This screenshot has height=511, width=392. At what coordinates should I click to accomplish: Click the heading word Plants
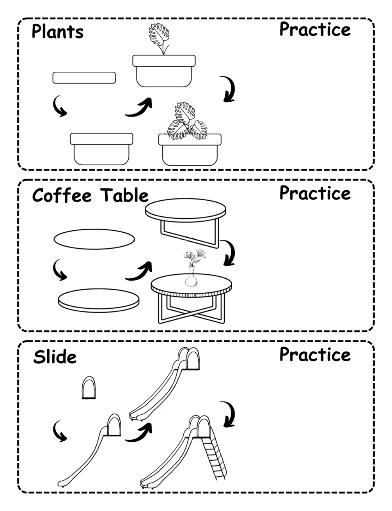pyautogui.click(x=57, y=32)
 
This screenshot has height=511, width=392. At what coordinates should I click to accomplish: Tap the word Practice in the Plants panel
pyautogui.click(x=315, y=30)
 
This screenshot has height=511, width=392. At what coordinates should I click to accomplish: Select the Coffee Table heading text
pyautogui.click(x=90, y=195)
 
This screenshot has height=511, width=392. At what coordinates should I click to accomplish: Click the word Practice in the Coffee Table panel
pyautogui.click(x=315, y=193)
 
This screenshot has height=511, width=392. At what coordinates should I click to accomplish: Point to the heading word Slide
pyautogui.click(x=55, y=357)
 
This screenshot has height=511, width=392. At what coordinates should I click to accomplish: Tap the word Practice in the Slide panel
pyautogui.click(x=315, y=354)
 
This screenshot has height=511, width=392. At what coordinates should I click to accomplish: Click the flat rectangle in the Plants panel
pyautogui.click(x=84, y=78)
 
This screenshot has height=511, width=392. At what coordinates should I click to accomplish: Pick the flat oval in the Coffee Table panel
pyautogui.click(x=94, y=239)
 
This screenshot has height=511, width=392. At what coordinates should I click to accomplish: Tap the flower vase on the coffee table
pyautogui.click(x=191, y=278)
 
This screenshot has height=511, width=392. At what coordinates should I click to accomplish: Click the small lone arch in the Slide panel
pyautogui.click(x=89, y=388)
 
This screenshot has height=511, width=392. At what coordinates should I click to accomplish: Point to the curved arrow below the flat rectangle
pyautogui.click(x=60, y=106)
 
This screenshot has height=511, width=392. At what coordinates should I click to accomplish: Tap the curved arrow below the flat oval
pyautogui.click(x=60, y=270)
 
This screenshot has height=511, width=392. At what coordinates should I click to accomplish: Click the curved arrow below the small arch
pyautogui.click(x=60, y=431)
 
